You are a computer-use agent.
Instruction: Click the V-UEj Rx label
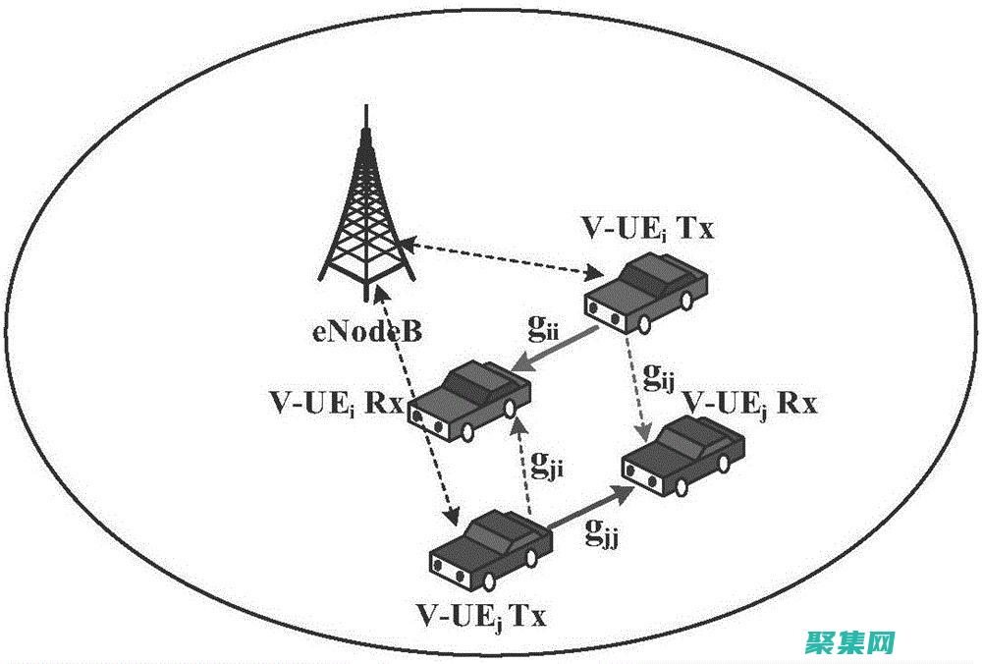pos(750,404)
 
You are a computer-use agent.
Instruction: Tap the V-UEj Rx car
pos(680,455)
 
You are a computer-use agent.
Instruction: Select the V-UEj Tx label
pos(482,617)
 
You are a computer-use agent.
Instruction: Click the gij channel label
pos(659,374)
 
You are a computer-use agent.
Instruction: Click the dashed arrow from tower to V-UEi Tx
pos(502,256)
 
